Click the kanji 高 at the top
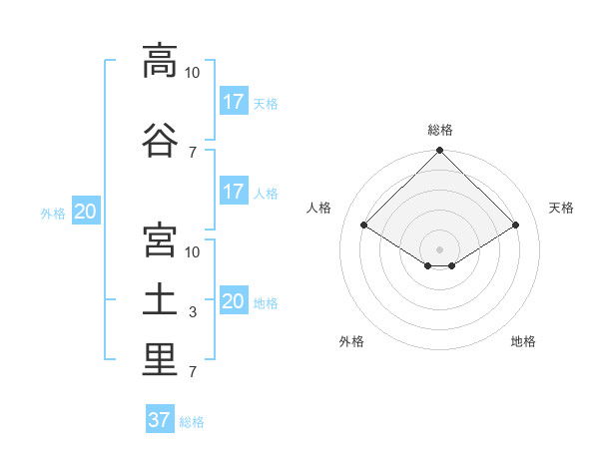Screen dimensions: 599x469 tap(160, 61)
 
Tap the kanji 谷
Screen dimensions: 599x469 tap(160, 140)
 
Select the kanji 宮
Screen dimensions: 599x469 tap(160, 239)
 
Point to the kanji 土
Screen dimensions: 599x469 tap(160, 300)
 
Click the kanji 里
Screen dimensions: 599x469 tap(160, 359)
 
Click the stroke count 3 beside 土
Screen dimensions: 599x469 tap(193, 312)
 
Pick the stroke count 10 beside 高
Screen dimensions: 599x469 tap(192, 73)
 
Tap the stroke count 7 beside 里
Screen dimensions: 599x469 tap(193, 371)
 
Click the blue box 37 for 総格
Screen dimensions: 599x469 tap(160, 418)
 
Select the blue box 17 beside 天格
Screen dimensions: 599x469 tap(235, 101)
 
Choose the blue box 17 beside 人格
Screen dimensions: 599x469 tap(235, 191)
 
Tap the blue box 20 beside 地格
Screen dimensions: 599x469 tap(235, 299)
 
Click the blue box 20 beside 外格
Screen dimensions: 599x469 tap(86, 211)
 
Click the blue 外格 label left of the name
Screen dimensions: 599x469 tap(53, 214)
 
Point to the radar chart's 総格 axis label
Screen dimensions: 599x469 tap(440, 130)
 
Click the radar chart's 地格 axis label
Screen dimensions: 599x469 tap(523, 341)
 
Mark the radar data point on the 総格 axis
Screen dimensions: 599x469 tap(439, 150)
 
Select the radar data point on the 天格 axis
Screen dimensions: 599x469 tap(515, 225)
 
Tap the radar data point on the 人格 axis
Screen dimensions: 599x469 tap(364, 225)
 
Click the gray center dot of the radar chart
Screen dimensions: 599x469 tap(439, 249)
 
